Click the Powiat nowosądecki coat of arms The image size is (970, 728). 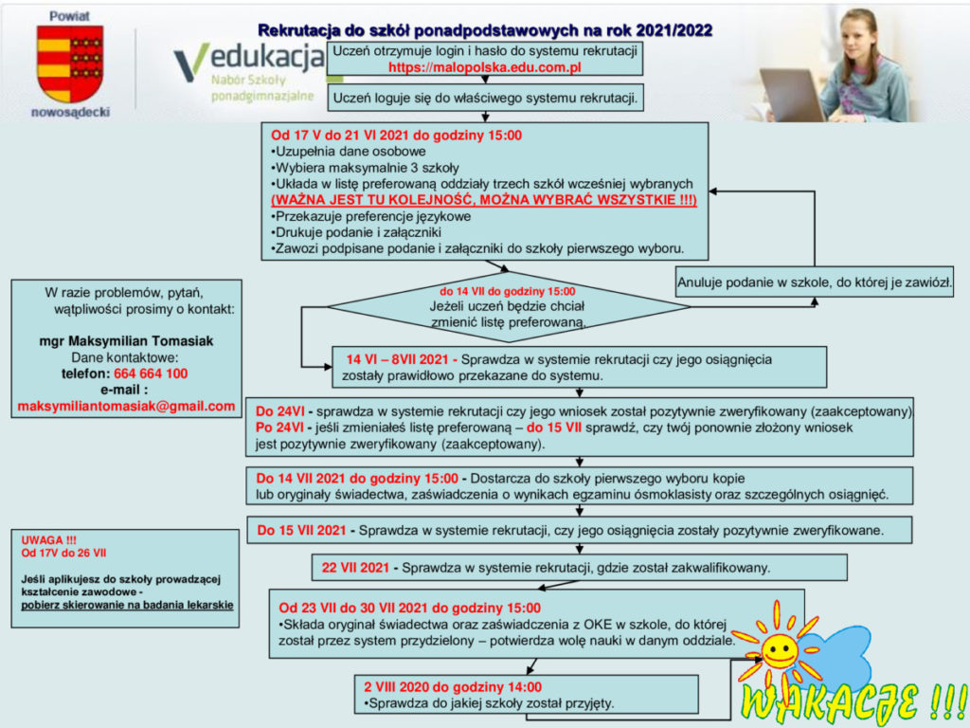[x=69, y=64]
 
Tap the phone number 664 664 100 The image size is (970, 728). [x=151, y=373]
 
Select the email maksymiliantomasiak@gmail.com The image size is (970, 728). [x=126, y=406]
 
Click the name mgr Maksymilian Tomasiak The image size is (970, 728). [x=126, y=341]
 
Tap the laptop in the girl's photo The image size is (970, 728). [x=794, y=94]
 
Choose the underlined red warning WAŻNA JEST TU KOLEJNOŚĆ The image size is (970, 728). [x=484, y=201]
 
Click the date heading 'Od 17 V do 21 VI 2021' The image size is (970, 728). [x=396, y=136]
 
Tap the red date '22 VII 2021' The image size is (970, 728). [x=355, y=568]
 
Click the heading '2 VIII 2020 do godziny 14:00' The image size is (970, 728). [x=453, y=687]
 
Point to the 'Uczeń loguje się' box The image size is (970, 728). [x=485, y=97]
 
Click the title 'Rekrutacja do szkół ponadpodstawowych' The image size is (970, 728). [x=485, y=31]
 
